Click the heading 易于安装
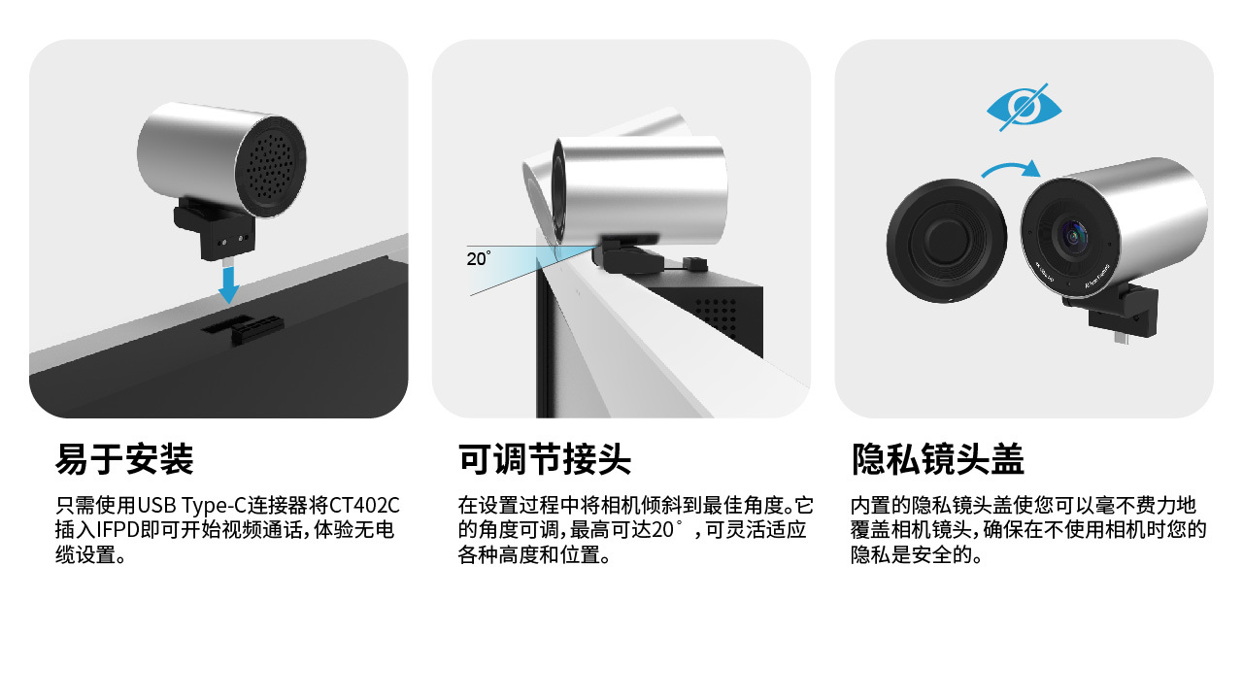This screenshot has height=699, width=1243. click(x=124, y=459)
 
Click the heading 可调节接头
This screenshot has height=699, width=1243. click(x=545, y=459)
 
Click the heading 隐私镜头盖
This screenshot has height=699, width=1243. click(x=938, y=459)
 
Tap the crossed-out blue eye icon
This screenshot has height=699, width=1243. click(x=1024, y=108)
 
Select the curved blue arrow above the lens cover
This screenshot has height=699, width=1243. click(x=1011, y=166)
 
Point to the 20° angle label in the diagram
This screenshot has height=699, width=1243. click(x=479, y=258)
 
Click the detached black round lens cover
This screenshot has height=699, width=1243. click(x=947, y=240)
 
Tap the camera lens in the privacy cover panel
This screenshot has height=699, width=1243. click(x=1072, y=237)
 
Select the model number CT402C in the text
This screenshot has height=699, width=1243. click(x=364, y=506)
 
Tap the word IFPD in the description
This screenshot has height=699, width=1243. click(x=118, y=530)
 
